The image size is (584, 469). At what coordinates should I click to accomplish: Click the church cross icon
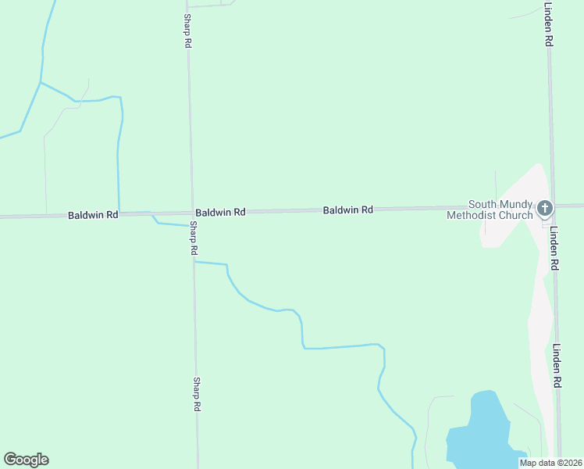(545, 208)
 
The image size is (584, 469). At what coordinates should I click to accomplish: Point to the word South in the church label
(483, 204)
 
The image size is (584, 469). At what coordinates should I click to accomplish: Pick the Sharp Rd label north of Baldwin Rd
(187, 30)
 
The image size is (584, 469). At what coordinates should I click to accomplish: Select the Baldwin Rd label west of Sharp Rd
(93, 214)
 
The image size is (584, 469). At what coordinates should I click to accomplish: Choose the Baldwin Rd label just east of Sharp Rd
(221, 212)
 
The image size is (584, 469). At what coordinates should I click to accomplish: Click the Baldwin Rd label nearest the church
(348, 210)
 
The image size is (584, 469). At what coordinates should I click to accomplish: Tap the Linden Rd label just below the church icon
(554, 249)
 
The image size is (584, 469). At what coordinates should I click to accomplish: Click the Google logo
(26, 460)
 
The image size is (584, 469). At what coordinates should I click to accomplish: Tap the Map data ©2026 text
(550, 463)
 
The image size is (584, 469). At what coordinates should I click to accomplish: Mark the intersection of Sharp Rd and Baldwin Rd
(191, 213)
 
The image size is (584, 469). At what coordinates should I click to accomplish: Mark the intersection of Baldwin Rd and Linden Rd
(552, 206)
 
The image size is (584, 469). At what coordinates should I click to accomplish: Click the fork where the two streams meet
(41, 82)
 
